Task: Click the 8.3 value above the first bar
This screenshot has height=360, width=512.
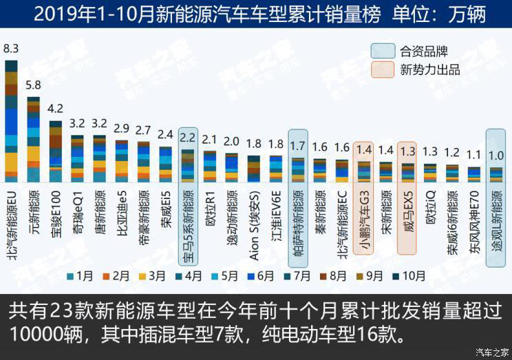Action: [x=11, y=48]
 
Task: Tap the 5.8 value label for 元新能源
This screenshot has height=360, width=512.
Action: [x=33, y=86]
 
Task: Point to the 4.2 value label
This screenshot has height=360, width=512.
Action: [x=55, y=109]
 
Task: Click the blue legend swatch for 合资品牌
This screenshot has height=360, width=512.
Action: [x=383, y=50]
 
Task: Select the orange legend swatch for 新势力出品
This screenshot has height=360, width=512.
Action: [x=383, y=70]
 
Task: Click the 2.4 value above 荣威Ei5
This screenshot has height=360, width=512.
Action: [x=165, y=134]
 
